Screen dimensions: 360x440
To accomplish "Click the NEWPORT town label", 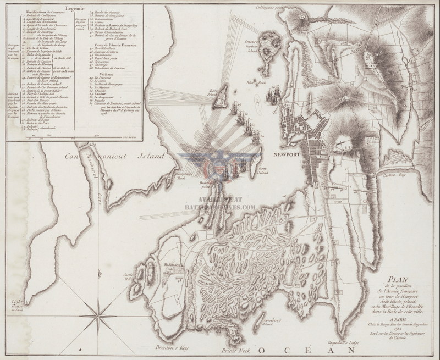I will pyautogui.click(x=286, y=155).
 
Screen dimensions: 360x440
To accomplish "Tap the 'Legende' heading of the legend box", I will pyautogui.click(x=75, y=8).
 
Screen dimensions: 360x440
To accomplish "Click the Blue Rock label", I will pyautogui.click(x=252, y=82).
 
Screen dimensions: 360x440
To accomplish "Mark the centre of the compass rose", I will pyautogui.click(x=99, y=314).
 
